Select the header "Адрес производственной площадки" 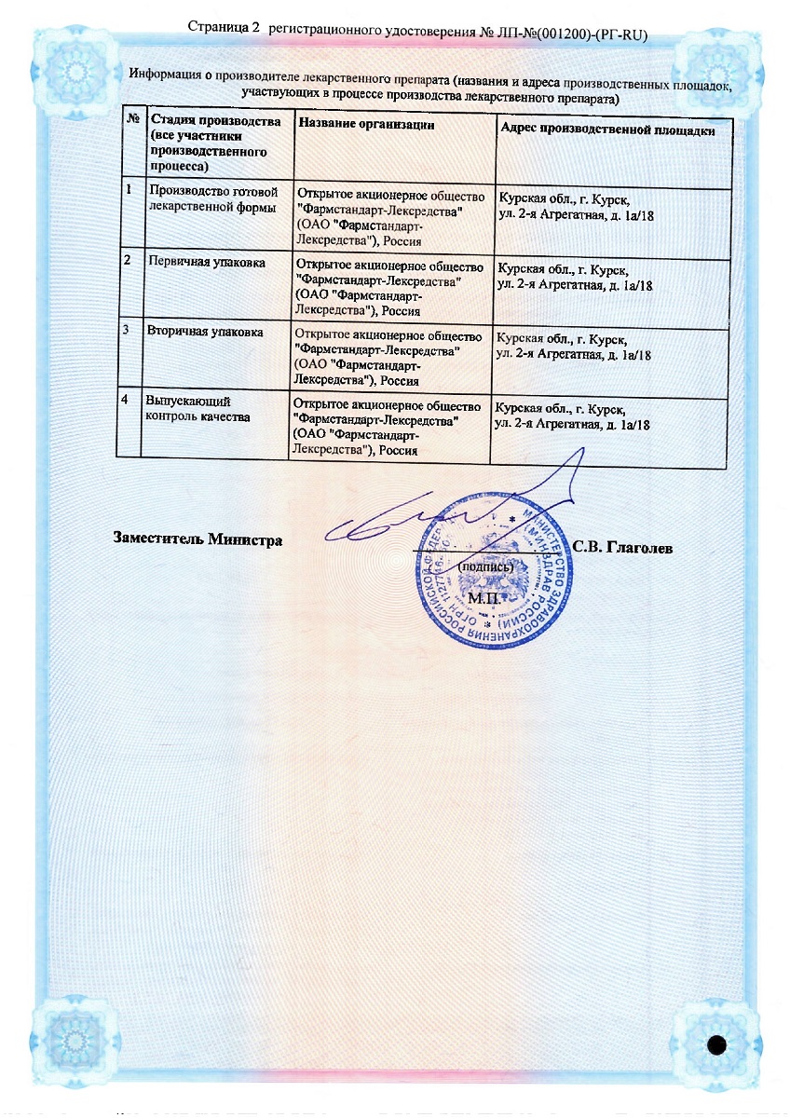(607, 130)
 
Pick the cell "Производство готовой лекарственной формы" (213, 199)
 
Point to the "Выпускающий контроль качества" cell (197, 408)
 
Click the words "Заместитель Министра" (197, 539)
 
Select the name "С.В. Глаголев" (622, 548)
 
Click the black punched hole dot (716, 1044)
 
